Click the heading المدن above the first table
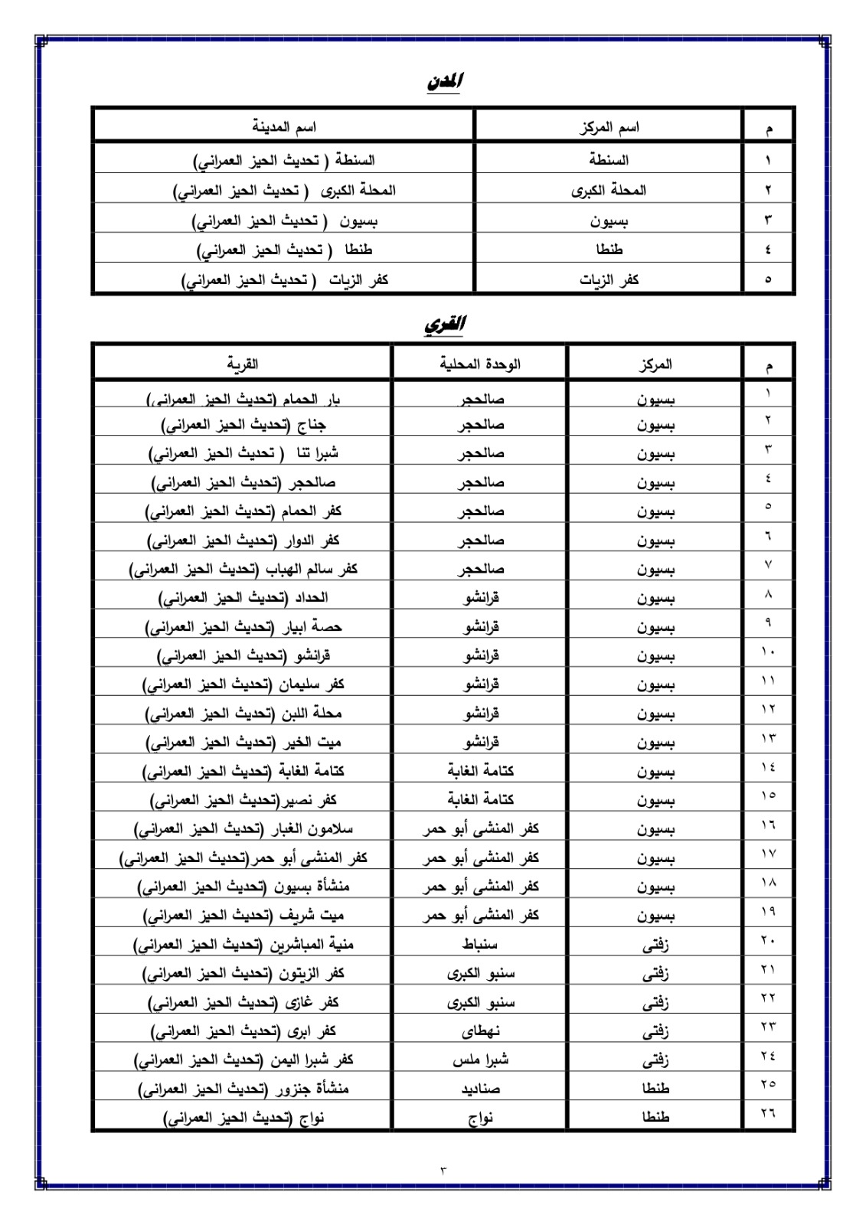tap(445, 82)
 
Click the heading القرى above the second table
tap(445, 325)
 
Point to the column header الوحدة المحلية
tap(480, 364)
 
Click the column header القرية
tap(243, 364)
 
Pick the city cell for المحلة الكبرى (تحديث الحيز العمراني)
tap(284, 190)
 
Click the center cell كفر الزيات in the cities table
tap(609, 279)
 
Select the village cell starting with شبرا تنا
tap(243, 453)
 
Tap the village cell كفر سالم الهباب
tap(243, 569)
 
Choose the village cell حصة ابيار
tap(243, 627)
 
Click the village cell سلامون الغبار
tap(243, 828)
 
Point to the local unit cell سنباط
tap(480, 944)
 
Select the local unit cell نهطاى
tap(480, 1031)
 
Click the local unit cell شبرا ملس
tap(480, 1060)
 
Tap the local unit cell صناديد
tap(480, 1088)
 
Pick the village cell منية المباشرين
tap(243, 944)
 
